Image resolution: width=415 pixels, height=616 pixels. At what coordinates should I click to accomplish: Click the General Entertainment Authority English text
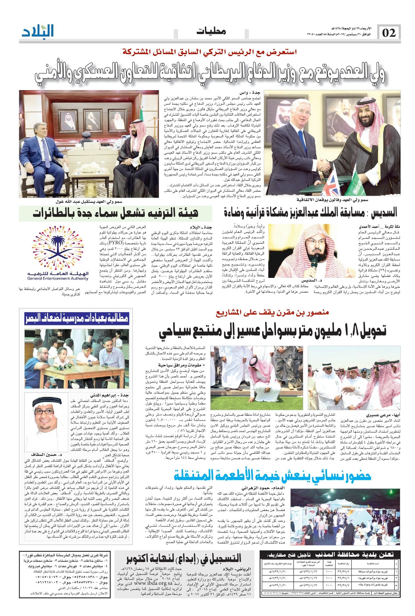tap(58, 279)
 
